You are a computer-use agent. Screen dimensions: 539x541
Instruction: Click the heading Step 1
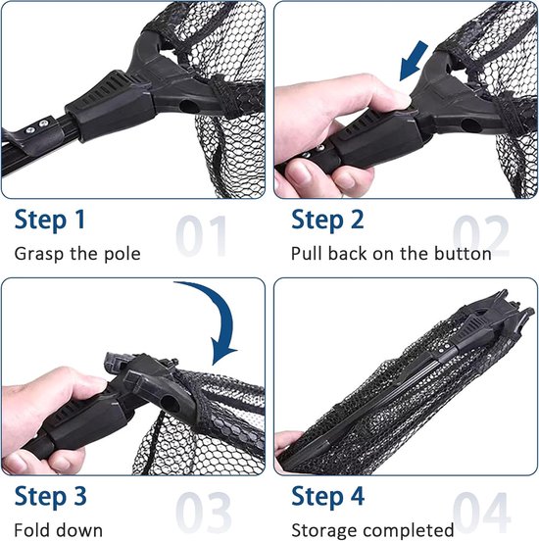tap(50, 221)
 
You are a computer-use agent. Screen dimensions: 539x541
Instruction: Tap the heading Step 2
tap(327, 221)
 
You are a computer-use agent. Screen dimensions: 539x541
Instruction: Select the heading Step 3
tap(50, 497)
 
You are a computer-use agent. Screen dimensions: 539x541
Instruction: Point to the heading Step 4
tap(328, 497)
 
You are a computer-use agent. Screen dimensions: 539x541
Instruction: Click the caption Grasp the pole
tap(77, 254)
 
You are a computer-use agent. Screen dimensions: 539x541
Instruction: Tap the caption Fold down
tap(59, 530)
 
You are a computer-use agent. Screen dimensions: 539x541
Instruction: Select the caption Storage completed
tap(372, 530)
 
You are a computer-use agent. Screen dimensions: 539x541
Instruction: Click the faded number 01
tap(201, 236)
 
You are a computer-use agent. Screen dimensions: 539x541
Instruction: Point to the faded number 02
tap(480, 236)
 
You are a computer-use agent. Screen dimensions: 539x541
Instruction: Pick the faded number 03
tap(203, 513)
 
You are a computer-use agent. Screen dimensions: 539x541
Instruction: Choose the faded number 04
tap(481, 513)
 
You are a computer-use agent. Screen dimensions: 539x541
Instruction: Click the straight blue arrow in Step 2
tap(414, 61)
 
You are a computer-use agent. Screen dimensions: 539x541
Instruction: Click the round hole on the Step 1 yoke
tap(187, 106)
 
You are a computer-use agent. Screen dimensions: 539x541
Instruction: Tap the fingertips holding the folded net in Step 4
tap(287, 449)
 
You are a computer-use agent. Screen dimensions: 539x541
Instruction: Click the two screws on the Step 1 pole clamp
tap(37, 126)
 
